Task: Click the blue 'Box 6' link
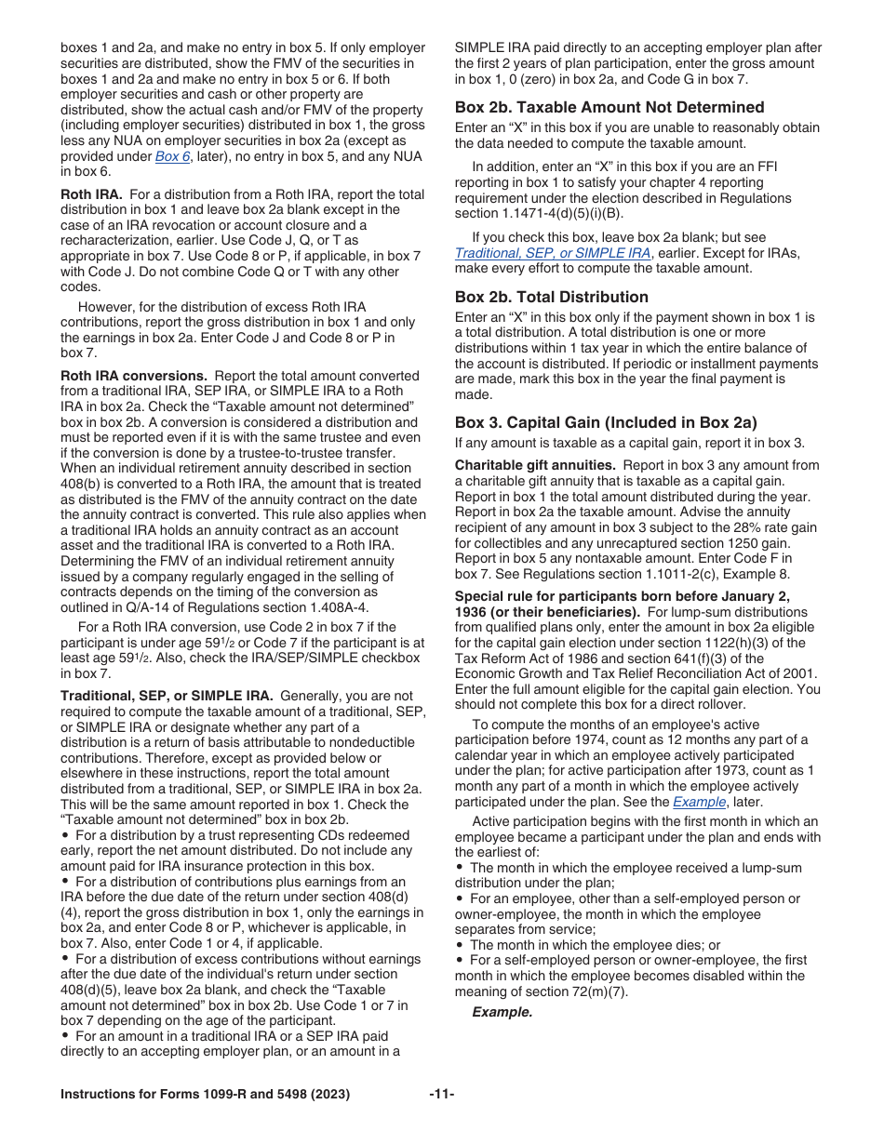(x=172, y=156)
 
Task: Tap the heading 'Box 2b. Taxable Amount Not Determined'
(x=609, y=107)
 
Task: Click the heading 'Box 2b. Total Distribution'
(x=551, y=297)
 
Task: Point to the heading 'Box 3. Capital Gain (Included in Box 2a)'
(x=606, y=422)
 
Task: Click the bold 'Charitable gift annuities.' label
(x=534, y=465)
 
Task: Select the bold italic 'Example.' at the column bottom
(x=502, y=1012)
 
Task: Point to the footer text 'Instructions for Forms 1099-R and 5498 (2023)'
(x=205, y=1095)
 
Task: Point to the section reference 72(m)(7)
(x=596, y=991)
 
